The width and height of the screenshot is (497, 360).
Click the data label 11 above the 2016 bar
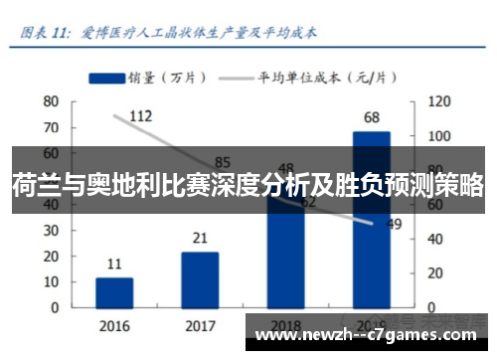114,265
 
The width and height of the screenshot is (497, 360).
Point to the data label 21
200,239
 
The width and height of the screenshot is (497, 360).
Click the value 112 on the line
140,116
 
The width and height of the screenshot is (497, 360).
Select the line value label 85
223,162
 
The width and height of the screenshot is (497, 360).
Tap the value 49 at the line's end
394,224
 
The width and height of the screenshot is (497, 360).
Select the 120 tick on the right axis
438,101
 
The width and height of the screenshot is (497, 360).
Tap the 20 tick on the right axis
435,272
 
